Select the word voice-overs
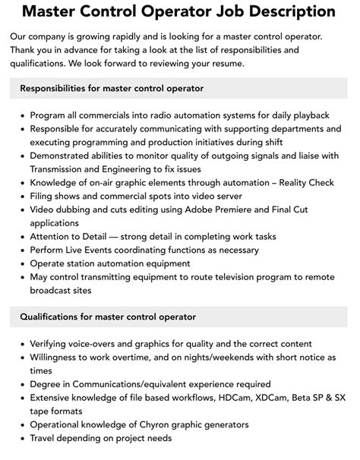tap(93, 343)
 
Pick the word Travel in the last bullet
tap(45, 439)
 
